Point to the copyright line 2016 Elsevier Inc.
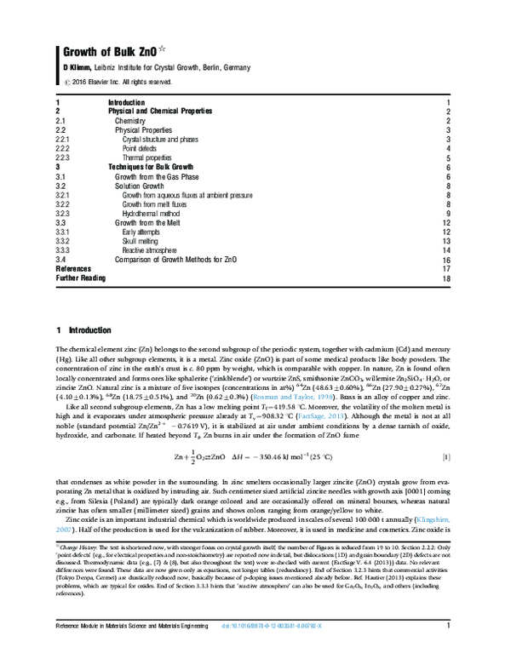[118, 83]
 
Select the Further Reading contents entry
[83, 278]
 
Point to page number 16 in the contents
[445, 261]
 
